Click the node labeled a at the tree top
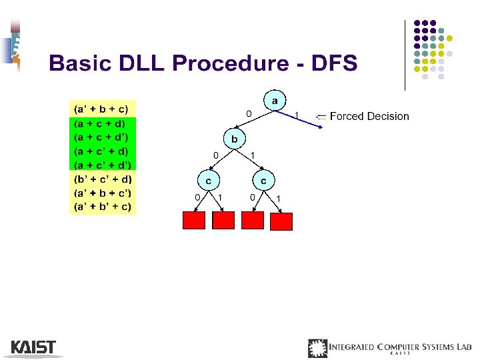point(274,100)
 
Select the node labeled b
point(233,139)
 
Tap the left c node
point(208,180)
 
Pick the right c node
point(263,180)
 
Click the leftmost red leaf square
point(194,220)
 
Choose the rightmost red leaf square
point(281,221)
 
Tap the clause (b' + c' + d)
point(103,179)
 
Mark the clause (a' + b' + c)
point(103,207)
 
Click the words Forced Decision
point(369,117)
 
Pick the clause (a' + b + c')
point(103,193)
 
